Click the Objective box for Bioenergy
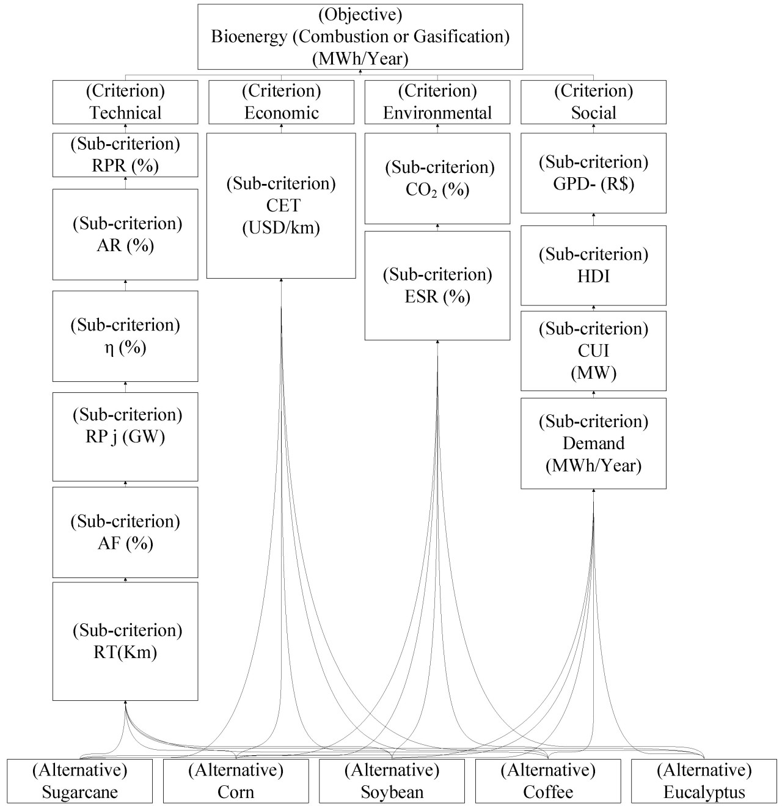point(360,37)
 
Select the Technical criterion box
point(125,102)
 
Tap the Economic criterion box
point(281,102)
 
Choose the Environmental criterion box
point(437,102)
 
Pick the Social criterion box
point(593,102)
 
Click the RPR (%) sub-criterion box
point(125,155)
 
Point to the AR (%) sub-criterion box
point(125,234)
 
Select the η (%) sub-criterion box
point(125,336)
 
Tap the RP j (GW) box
point(125,436)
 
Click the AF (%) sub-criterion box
point(125,532)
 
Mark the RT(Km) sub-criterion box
point(125,641)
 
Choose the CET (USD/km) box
point(281,206)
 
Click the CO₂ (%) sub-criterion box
point(437,178)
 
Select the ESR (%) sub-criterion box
point(437,285)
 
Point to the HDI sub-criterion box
point(593,265)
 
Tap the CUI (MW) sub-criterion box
point(593,351)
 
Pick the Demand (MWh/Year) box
point(593,443)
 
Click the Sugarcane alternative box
point(79,781)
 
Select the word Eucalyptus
point(704,793)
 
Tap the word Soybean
point(392,793)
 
